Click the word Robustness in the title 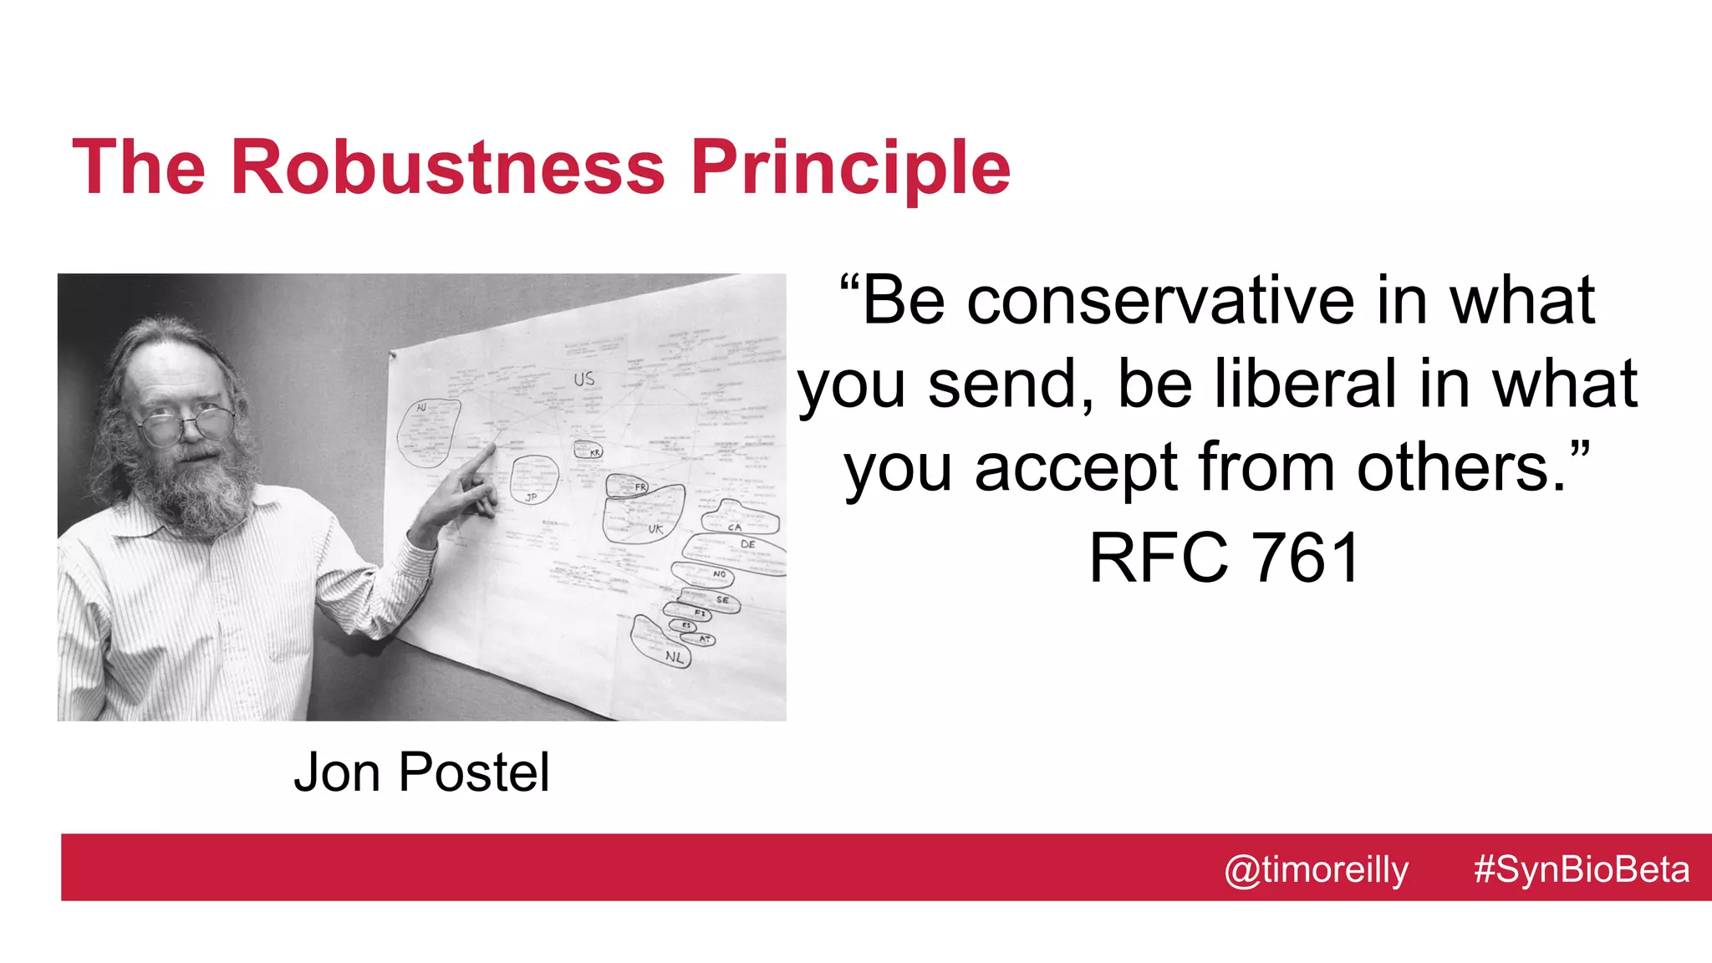(447, 167)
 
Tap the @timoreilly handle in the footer (1316, 870)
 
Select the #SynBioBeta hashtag (1581, 869)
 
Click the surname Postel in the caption (473, 772)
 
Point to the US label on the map (583, 380)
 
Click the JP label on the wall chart (531, 497)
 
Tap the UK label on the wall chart (655, 529)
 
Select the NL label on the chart (674, 657)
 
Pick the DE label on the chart (747, 544)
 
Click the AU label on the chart (421, 407)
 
